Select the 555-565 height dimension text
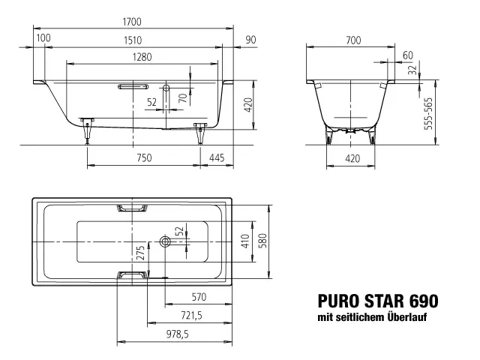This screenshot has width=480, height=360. (430, 114)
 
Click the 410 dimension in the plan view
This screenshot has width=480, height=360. (244, 241)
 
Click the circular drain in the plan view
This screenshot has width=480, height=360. (164, 241)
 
